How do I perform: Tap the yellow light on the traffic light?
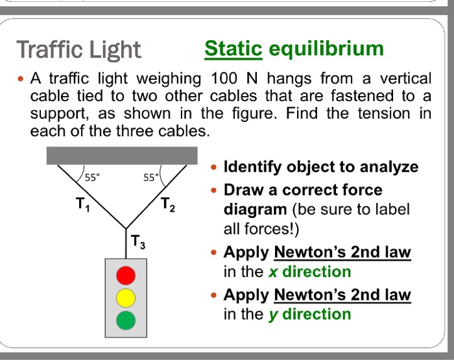click(x=126, y=298)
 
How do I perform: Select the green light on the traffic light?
click(x=126, y=319)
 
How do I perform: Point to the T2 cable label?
click(x=167, y=205)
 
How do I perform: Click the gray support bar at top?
click(x=122, y=155)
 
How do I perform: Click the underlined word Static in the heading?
click(x=233, y=49)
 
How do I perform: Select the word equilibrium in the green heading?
click(x=326, y=49)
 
